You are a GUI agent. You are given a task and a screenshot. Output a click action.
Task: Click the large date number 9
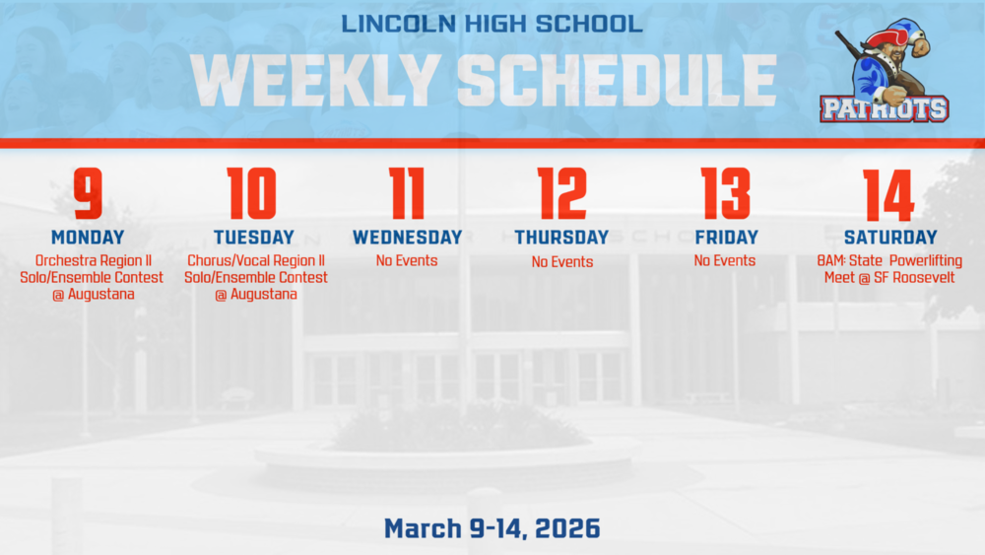click(x=88, y=194)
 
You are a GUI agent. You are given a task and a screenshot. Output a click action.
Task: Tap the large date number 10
click(x=253, y=194)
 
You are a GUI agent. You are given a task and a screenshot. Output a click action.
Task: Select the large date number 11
click(x=407, y=194)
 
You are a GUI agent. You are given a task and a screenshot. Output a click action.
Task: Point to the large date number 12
click(x=561, y=194)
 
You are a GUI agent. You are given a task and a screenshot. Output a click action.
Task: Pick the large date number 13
click(x=725, y=194)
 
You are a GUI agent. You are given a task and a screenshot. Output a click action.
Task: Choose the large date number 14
click(x=889, y=194)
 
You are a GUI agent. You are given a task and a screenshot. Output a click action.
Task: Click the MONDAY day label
click(x=88, y=238)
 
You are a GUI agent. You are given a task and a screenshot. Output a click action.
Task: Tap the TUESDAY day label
click(x=253, y=238)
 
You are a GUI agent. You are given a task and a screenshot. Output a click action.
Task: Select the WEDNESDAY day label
click(x=407, y=238)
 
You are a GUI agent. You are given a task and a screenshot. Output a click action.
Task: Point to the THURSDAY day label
click(x=561, y=238)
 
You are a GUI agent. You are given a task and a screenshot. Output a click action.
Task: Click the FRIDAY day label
click(x=726, y=238)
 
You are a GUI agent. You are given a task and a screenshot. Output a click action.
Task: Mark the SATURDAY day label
click(x=890, y=238)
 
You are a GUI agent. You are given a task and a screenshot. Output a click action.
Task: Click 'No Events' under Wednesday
click(x=407, y=261)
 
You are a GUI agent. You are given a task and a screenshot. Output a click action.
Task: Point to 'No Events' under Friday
click(x=725, y=261)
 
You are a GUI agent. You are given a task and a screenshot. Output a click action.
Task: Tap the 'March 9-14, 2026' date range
click(x=492, y=528)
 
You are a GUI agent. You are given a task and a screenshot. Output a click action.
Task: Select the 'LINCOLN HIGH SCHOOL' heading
click(x=492, y=23)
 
